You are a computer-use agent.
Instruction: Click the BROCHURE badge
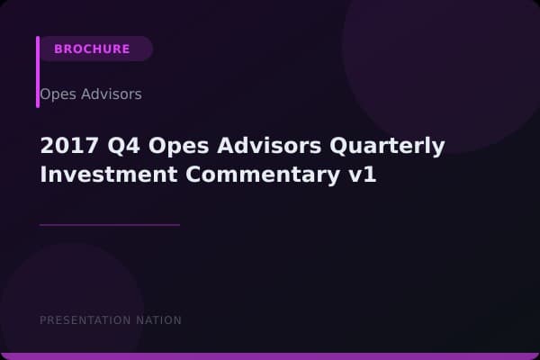(92, 49)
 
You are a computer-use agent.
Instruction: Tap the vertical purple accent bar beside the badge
(38, 72)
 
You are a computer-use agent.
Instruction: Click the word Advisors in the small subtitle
(110, 94)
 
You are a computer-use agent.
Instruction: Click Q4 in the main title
(112, 146)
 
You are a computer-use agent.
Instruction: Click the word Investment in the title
(102, 175)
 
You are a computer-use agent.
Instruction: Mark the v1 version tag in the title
(362, 175)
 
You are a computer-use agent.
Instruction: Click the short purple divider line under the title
(110, 224)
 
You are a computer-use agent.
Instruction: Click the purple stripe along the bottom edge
(270, 356)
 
